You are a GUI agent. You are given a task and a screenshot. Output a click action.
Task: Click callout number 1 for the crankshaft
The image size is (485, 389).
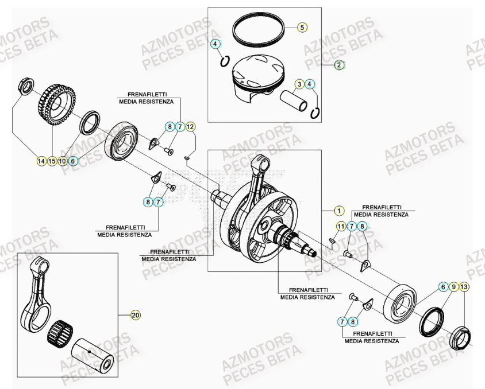[338, 211]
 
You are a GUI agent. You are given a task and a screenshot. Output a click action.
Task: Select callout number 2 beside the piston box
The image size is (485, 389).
[339, 65]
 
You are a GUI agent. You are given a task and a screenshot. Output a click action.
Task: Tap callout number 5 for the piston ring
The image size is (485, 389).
[302, 27]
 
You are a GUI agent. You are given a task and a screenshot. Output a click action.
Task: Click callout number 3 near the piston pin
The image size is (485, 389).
[299, 85]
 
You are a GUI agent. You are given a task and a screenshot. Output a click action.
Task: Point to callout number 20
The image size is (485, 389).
[136, 315]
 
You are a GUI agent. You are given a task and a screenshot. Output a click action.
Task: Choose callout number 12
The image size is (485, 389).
[190, 126]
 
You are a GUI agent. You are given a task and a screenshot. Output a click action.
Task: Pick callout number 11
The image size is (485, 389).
[340, 227]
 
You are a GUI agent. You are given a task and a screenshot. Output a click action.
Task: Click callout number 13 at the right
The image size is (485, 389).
[464, 286]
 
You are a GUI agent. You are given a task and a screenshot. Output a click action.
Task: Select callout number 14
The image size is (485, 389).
[41, 161]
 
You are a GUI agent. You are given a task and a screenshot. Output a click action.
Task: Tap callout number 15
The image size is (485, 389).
[52, 161]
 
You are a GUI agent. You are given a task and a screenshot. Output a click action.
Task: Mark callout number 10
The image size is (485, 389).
[62, 161]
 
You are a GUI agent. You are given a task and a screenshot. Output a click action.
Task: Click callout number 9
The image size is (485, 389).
[453, 286]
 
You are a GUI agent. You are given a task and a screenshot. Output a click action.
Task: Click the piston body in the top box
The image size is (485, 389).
[256, 78]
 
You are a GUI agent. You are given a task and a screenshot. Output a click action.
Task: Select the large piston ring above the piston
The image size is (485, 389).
[259, 28]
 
